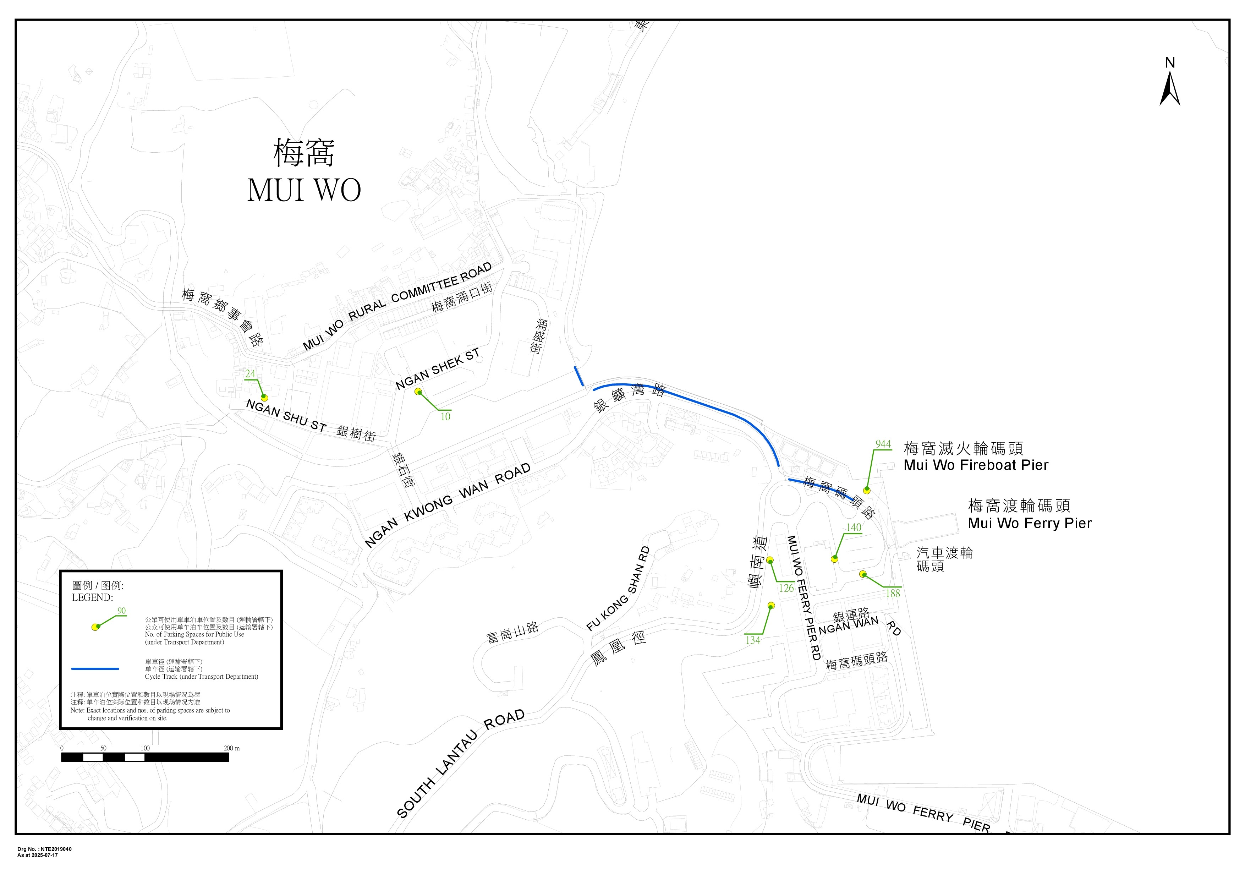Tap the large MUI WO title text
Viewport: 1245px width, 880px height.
pos(304,190)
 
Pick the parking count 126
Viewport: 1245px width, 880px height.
pos(786,588)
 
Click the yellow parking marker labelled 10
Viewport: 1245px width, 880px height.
pos(418,392)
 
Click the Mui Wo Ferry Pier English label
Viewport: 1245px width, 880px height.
pos(1029,523)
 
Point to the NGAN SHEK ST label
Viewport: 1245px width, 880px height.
pos(438,369)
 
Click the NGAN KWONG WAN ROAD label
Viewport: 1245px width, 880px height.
pos(447,505)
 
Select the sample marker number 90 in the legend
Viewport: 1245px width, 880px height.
pos(121,611)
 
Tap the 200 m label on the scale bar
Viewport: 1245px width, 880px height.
pos(231,748)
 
